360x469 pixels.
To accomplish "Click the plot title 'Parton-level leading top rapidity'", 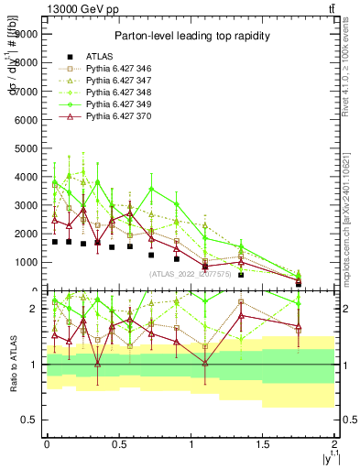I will click(190, 36).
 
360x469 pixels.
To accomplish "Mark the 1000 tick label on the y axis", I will click(25, 262).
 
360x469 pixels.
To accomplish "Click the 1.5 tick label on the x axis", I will click(263, 444).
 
